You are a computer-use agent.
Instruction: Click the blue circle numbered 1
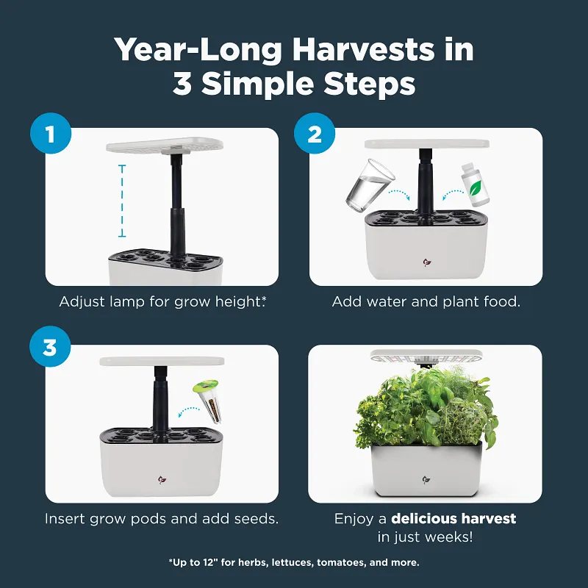tap(50, 134)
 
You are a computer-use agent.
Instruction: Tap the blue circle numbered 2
tap(315, 134)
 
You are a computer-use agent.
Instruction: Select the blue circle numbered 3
tap(50, 347)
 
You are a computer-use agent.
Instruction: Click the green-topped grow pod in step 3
tap(207, 398)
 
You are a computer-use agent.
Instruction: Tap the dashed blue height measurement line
tap(123, 201)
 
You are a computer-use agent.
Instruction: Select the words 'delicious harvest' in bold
tap(453, 518)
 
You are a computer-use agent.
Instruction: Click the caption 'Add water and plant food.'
tap(426, 302)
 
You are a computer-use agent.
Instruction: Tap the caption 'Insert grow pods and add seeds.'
tap(162, 518)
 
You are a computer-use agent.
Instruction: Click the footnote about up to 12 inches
tap(294, 562)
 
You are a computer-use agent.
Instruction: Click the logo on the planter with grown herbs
tap(426, 480)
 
